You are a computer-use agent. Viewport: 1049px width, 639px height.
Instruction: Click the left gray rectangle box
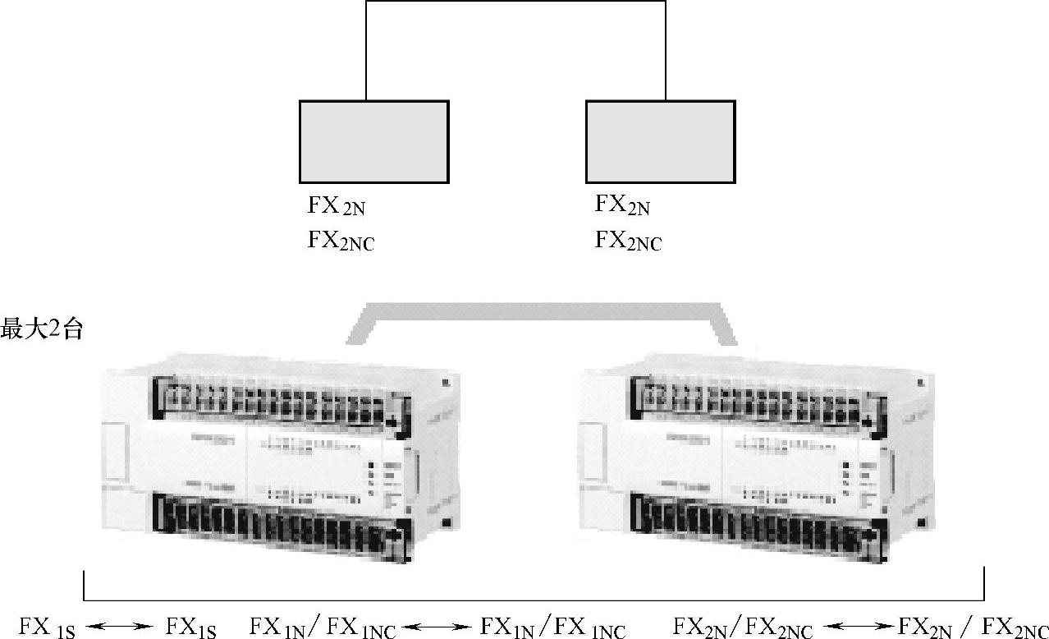click(x=373, y=141)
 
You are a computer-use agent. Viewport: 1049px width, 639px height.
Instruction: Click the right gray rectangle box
click(x=660, y=141)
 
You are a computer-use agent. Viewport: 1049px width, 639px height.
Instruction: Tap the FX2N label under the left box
click(x=337, y=205)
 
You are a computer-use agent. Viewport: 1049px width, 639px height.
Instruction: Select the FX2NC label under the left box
click(x=341, y=241)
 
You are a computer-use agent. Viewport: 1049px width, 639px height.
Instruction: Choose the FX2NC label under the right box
click(x=628, y=241)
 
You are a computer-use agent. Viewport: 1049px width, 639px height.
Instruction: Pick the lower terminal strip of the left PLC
click(x=279, y=526)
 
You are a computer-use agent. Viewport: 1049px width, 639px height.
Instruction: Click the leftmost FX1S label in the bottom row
click(x=48, y=628)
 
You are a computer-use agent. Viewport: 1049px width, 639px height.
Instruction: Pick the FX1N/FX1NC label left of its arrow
click(x=323, y=628)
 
